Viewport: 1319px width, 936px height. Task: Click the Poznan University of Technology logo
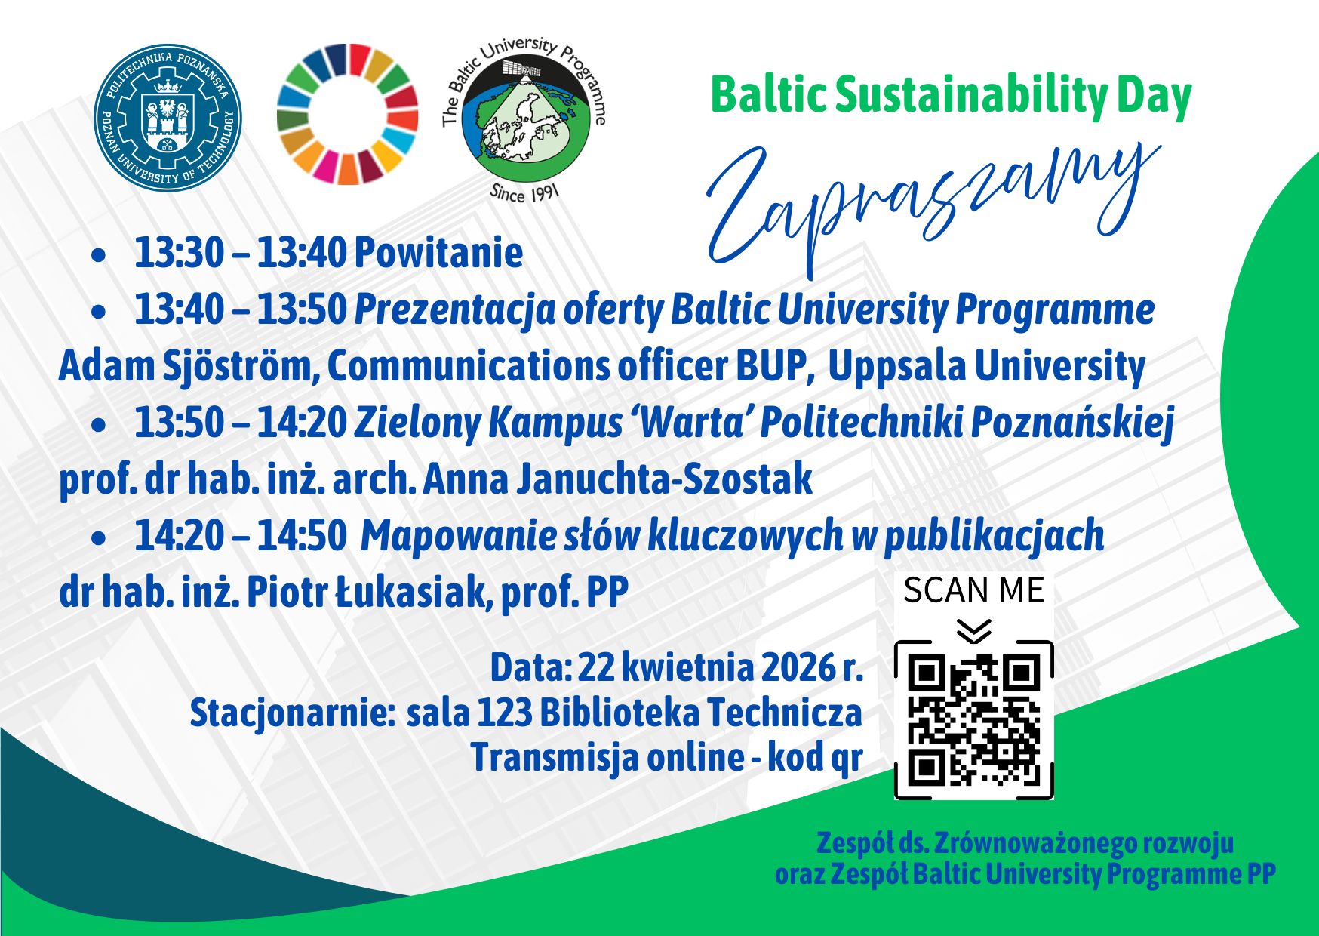[168, 117]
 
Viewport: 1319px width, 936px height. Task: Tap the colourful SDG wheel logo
[347, 113]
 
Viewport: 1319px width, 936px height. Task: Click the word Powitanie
[438, 252]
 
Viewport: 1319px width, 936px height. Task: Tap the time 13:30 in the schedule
[179, 252]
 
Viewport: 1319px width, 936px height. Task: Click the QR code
[973, 720]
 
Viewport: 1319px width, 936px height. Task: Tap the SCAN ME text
[973, 590]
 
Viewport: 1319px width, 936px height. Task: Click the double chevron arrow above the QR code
[974, 630]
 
